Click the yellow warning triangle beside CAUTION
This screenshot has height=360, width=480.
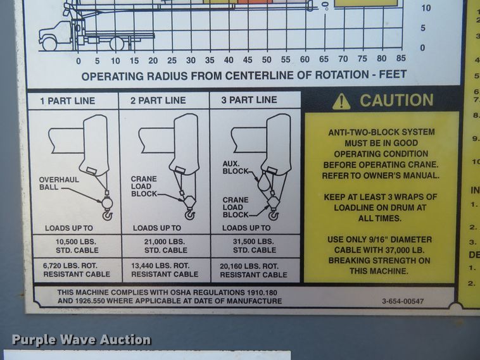pyautogui.click(x=341, y=101)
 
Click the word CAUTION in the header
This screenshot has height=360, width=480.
pyautogui.click(x=396, y=101)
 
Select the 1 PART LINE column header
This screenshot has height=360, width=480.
pyautogui.click(x=68, y=101)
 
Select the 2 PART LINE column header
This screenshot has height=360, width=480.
pyautogui.click(x=158, y=101)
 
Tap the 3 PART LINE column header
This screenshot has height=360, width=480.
pyautogui.click(x=249, y=100)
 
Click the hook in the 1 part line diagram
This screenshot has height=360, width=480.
pyautogui.click(x=107, y=215)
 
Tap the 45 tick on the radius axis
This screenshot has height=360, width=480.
pyautogui.click(x=248, y=61)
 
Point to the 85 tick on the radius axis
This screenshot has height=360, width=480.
pyautogui.click(x=400, y=59)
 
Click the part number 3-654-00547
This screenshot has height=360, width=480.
pyautogui.click(x=403, y=302)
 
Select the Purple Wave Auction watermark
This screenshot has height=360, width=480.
pyautogui.click(x=81, y=340)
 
